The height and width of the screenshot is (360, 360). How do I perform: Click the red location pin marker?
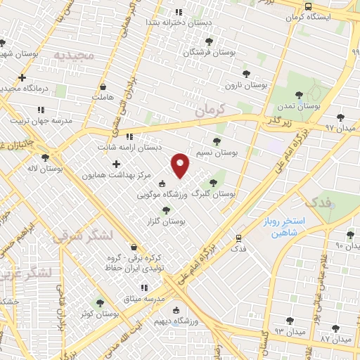coord(181,165)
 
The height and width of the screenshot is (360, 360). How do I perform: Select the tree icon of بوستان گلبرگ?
coord(212,182)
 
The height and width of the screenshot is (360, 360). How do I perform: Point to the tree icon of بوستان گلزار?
coord(166,210)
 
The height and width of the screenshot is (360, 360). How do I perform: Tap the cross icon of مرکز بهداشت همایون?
coord(116,164)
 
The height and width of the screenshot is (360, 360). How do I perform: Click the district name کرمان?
coord(209,110)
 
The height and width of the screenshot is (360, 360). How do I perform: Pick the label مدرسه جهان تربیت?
coord(41,120)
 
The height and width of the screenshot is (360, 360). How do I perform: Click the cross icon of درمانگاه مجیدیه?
coord(23,77)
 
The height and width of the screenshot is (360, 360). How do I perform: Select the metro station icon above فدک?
coord(239,238)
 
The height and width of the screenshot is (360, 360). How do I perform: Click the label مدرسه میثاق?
coord(164,299)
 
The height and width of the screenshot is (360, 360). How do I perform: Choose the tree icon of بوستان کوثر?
coord(99,303)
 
